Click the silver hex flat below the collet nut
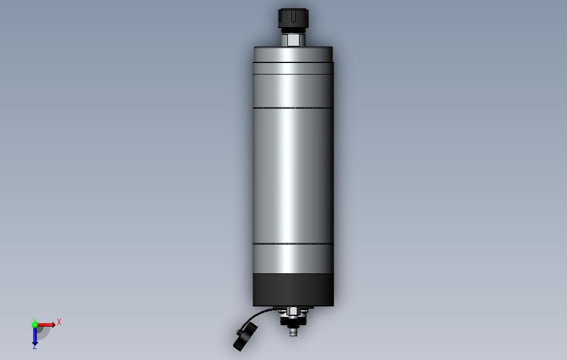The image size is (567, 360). click(292, 40)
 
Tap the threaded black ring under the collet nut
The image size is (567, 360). click(292, 30)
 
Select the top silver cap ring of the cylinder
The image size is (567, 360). click(293, 55)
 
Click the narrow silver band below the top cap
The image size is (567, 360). click(293, 69)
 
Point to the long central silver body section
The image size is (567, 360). click(293, 176)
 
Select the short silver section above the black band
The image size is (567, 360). click(293, 258)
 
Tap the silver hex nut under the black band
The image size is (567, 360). click(292, 311)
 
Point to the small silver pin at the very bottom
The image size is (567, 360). click(292, 332)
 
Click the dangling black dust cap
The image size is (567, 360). click(245, 337)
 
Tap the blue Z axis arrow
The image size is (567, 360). click(35, 336)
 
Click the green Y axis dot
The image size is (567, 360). click(35, 325)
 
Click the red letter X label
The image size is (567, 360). click(59, 322)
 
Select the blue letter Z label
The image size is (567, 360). click(35, 347)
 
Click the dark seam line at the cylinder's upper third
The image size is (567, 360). click(293, 108)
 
